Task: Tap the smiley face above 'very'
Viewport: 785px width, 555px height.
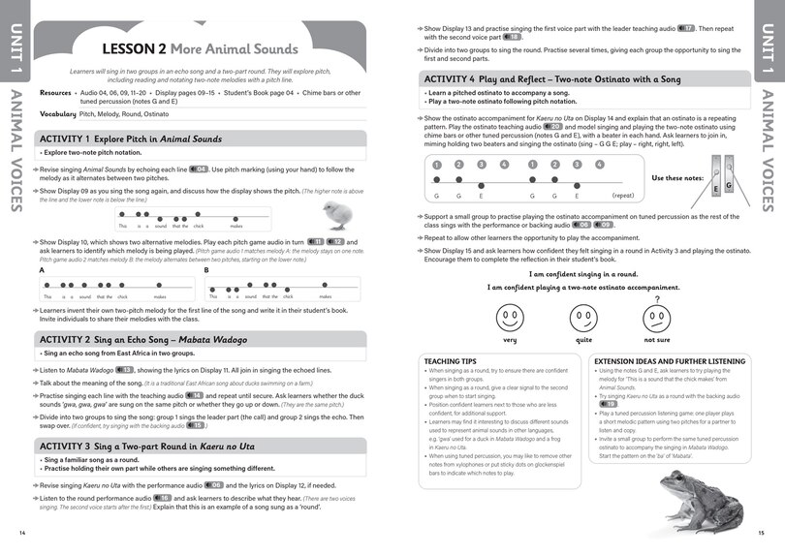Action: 510,317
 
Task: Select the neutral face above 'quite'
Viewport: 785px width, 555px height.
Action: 582,317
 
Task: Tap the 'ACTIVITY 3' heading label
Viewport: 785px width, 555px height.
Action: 68,445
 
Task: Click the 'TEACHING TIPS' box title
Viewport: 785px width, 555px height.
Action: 449,361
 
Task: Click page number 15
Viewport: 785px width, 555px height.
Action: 761,533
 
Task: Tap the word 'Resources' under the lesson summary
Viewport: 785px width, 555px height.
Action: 55,93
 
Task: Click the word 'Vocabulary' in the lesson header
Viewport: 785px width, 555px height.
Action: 57,113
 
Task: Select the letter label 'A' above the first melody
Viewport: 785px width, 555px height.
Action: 43,270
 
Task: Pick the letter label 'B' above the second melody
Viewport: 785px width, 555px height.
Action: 207,270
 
